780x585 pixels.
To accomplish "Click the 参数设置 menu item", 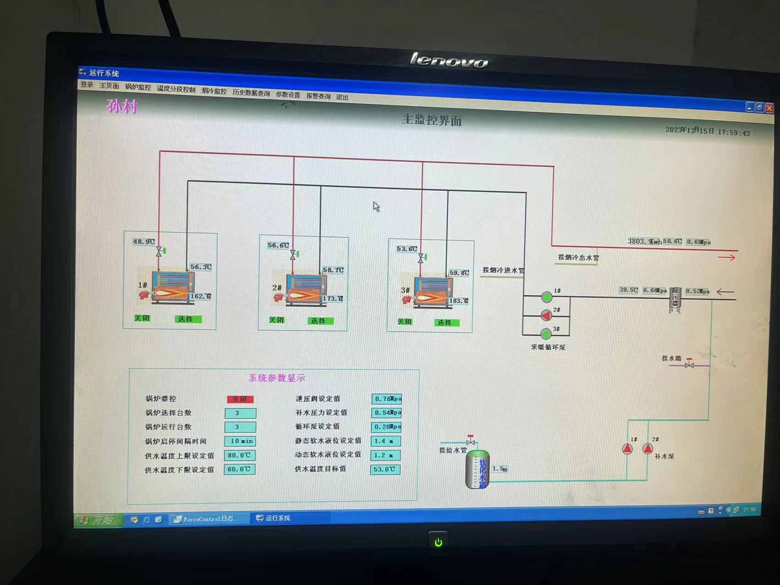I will [x=288, y=95].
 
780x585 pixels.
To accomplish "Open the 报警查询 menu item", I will [x=318, y=96].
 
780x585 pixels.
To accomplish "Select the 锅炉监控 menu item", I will [x=138, y=87].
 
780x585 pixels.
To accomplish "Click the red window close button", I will [x=769, y=108].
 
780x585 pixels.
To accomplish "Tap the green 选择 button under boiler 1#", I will [x=188, y=319].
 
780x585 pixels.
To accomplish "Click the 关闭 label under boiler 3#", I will [x=404, y=321].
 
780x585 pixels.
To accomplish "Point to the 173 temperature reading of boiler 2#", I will [x=333, y=298].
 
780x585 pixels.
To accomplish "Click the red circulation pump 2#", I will [x=546, y=315].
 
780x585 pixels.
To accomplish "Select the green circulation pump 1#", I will [x=546, y=297].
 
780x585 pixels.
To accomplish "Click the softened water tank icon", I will [x=478, y=469].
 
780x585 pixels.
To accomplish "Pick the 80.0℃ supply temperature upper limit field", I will [x=239, y=455].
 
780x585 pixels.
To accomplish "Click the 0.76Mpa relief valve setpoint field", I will [x=387, y=399].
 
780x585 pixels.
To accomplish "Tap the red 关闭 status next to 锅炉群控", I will [x=240, y=399].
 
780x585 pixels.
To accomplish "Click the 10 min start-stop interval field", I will [x=241, y=441].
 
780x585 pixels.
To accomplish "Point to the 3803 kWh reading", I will [x=644, y=242].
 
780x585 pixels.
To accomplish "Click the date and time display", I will [x=707, y=132].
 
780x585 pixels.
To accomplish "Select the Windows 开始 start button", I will [x=98, y=520].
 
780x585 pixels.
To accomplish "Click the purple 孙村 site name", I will [x=122, y=106].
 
